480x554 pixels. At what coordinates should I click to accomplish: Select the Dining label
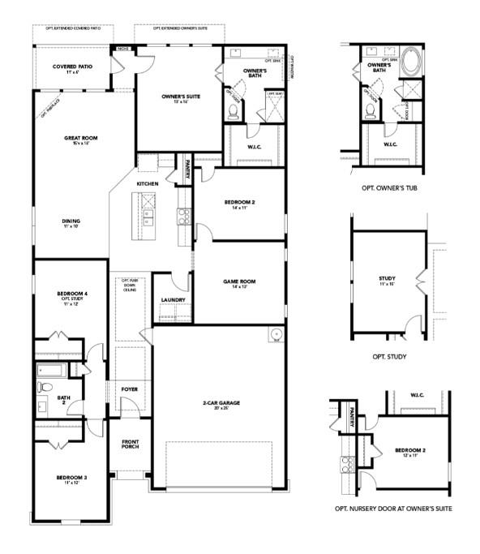71,221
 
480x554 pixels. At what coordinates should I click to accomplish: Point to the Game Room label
239,283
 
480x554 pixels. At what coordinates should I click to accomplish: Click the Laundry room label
173,300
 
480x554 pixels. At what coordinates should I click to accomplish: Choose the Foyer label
130,389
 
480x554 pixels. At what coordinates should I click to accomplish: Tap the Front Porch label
131,444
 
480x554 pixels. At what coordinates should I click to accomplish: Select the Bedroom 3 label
72,479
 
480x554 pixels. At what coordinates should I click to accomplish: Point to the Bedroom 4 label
71,295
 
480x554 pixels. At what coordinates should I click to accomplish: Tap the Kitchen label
147,184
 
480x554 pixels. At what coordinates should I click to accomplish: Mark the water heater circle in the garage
275,333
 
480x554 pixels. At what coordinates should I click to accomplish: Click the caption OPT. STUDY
389,356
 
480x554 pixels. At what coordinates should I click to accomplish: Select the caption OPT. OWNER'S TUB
389,187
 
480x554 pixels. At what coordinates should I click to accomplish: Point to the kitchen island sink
149,217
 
